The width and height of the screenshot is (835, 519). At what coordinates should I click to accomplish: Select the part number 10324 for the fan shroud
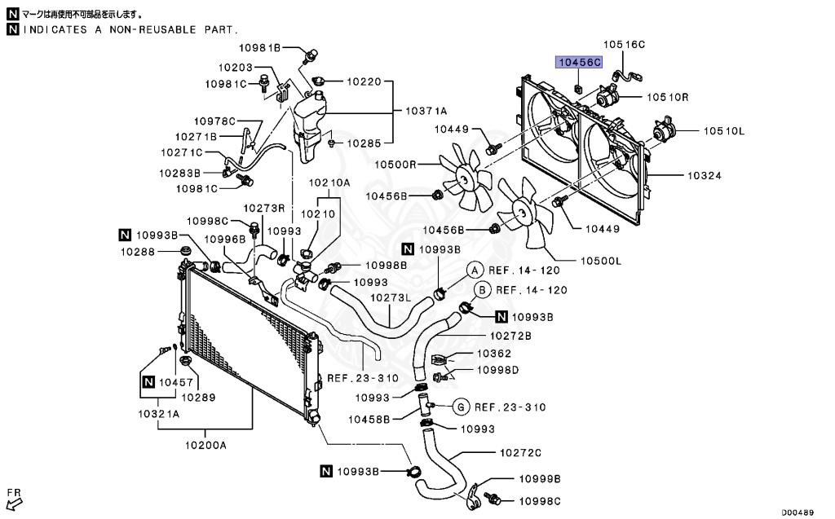point(705,175)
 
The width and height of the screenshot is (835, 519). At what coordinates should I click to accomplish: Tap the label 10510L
point(725,130)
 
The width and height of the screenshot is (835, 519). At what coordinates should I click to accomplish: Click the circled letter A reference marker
point(474,270)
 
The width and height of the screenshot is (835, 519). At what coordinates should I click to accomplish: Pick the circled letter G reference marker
point(460,407)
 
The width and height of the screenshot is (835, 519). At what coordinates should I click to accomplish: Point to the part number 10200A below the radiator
point(205,445)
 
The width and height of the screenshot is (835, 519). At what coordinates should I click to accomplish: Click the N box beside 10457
point(148,381)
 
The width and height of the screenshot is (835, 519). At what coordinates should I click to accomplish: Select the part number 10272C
point(520,452)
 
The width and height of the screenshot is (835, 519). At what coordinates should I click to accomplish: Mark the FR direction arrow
point(13,500)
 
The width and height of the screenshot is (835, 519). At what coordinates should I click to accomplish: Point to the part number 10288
point(139,252)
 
